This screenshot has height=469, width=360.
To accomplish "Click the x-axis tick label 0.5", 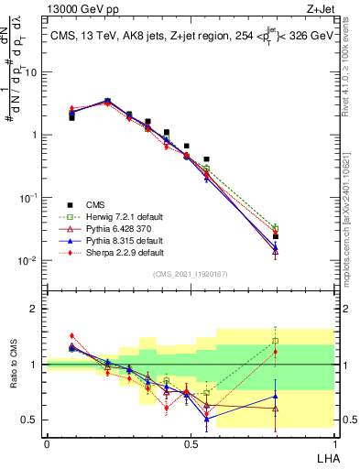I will (x=191, y=443).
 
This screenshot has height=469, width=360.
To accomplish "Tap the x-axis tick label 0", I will (x=47, y=443).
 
